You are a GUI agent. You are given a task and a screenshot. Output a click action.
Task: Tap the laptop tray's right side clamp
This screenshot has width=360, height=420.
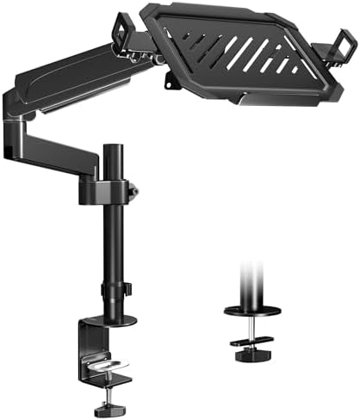click(x=345, y=44)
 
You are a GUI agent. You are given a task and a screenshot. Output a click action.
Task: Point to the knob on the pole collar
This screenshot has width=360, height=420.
click(x=133, y=188)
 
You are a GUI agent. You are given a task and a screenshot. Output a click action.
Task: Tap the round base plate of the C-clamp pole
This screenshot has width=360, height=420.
click(x=112, y=321)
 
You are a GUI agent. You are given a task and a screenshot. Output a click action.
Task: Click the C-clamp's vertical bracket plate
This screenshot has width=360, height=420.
click(x=86, y=349)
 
